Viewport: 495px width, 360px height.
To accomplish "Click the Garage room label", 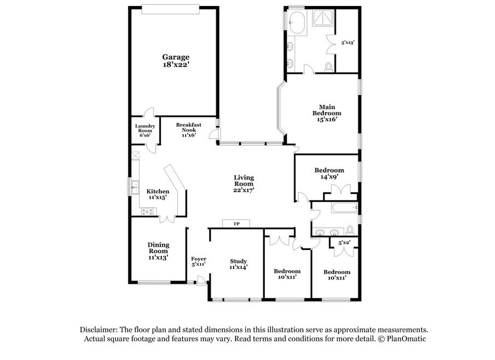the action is coord(176,57).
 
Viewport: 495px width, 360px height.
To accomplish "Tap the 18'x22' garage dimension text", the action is coord(176,65).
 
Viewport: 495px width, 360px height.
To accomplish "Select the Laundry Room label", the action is coord(145,128).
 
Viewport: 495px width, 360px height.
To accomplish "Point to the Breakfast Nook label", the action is coord(189,127).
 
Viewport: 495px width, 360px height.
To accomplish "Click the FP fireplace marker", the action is coord(237,224).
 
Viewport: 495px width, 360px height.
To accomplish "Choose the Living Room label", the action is coord(244,181).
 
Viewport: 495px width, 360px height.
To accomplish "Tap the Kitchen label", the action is coord(158,191).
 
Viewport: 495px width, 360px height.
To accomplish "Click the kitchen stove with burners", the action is coord(148,211).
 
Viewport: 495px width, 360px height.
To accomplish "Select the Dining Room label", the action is coord(159,248).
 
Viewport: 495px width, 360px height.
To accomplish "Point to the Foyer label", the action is coord(199,259).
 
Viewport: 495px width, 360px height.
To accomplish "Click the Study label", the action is coord(238,261).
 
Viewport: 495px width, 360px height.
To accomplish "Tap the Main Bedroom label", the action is coord(327,110).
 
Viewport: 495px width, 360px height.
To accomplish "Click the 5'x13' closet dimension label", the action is coord(347,42).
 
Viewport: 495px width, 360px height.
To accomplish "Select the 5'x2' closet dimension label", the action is coord(344,243).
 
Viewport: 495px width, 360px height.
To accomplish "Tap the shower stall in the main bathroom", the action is coord(323,18).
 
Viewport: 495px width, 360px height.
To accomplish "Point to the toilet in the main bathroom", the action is coord(329,67).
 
